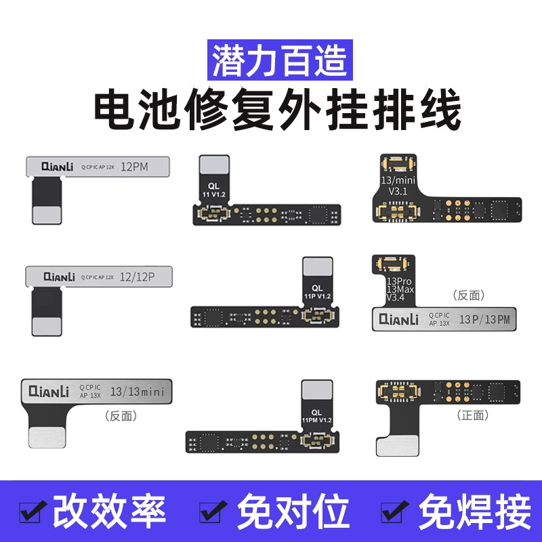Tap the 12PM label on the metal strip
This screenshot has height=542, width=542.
coord(136,165)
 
